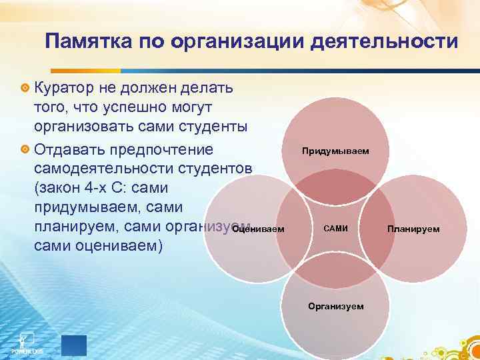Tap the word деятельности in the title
coord(387,43)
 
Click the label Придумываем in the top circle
coord(335,151)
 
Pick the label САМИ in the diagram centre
coord(335,229)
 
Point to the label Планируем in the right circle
coord(413,229)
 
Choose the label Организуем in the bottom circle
coord(335,306)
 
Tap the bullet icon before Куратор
coord(25,89)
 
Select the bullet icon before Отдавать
coord(25,149)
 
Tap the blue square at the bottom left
coord(73,345)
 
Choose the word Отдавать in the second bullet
coord(67,148)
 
